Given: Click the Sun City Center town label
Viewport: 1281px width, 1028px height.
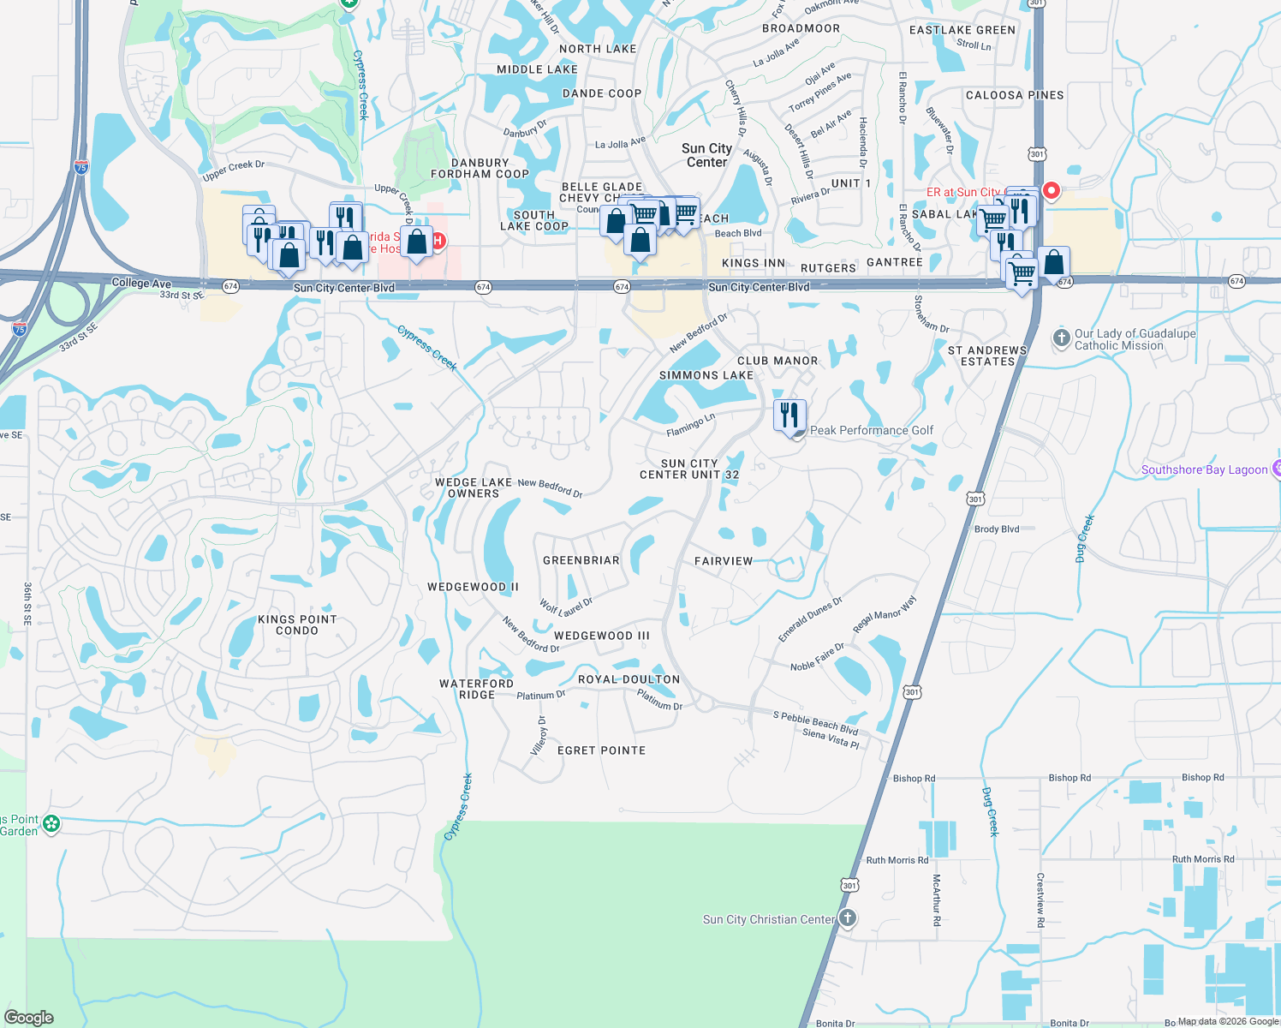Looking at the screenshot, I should coord(706,155).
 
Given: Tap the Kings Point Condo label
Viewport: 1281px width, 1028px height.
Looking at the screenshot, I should coord(297,625).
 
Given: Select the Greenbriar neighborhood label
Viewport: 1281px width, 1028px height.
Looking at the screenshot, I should coord(581,560).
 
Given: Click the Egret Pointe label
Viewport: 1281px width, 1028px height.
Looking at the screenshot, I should coord(601,750).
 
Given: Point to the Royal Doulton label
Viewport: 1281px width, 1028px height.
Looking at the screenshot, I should coord(629,679).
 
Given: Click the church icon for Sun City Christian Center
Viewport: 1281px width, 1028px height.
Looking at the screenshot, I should coord(847,919).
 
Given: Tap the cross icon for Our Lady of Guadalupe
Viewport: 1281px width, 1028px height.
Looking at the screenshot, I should coord(1062,338).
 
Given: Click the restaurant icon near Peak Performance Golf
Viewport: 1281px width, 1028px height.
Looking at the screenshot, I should coord(789,415).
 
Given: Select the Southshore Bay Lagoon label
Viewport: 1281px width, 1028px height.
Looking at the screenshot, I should coord(1204,469).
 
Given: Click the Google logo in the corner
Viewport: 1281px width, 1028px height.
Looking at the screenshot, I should coord(29,1018).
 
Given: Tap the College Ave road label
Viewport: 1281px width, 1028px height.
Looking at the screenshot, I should coord(141,283).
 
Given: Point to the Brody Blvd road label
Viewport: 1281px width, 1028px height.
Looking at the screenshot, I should coord(997,529).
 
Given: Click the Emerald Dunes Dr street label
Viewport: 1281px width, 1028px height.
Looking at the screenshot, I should coord(810,619).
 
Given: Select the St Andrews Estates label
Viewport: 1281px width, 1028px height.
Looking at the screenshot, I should coord(987,356).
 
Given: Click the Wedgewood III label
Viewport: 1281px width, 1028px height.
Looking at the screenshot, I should coord(601,636).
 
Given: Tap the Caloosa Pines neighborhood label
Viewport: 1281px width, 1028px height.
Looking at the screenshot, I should coord(1015,95).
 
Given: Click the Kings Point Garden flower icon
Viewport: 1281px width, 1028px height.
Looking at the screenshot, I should coord(51,824).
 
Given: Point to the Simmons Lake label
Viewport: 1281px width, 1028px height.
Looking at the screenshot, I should coord(706,375).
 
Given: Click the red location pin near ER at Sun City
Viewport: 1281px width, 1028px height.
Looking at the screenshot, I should coord(1051,190).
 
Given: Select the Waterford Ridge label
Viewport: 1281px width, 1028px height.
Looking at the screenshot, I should coord(476,689).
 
